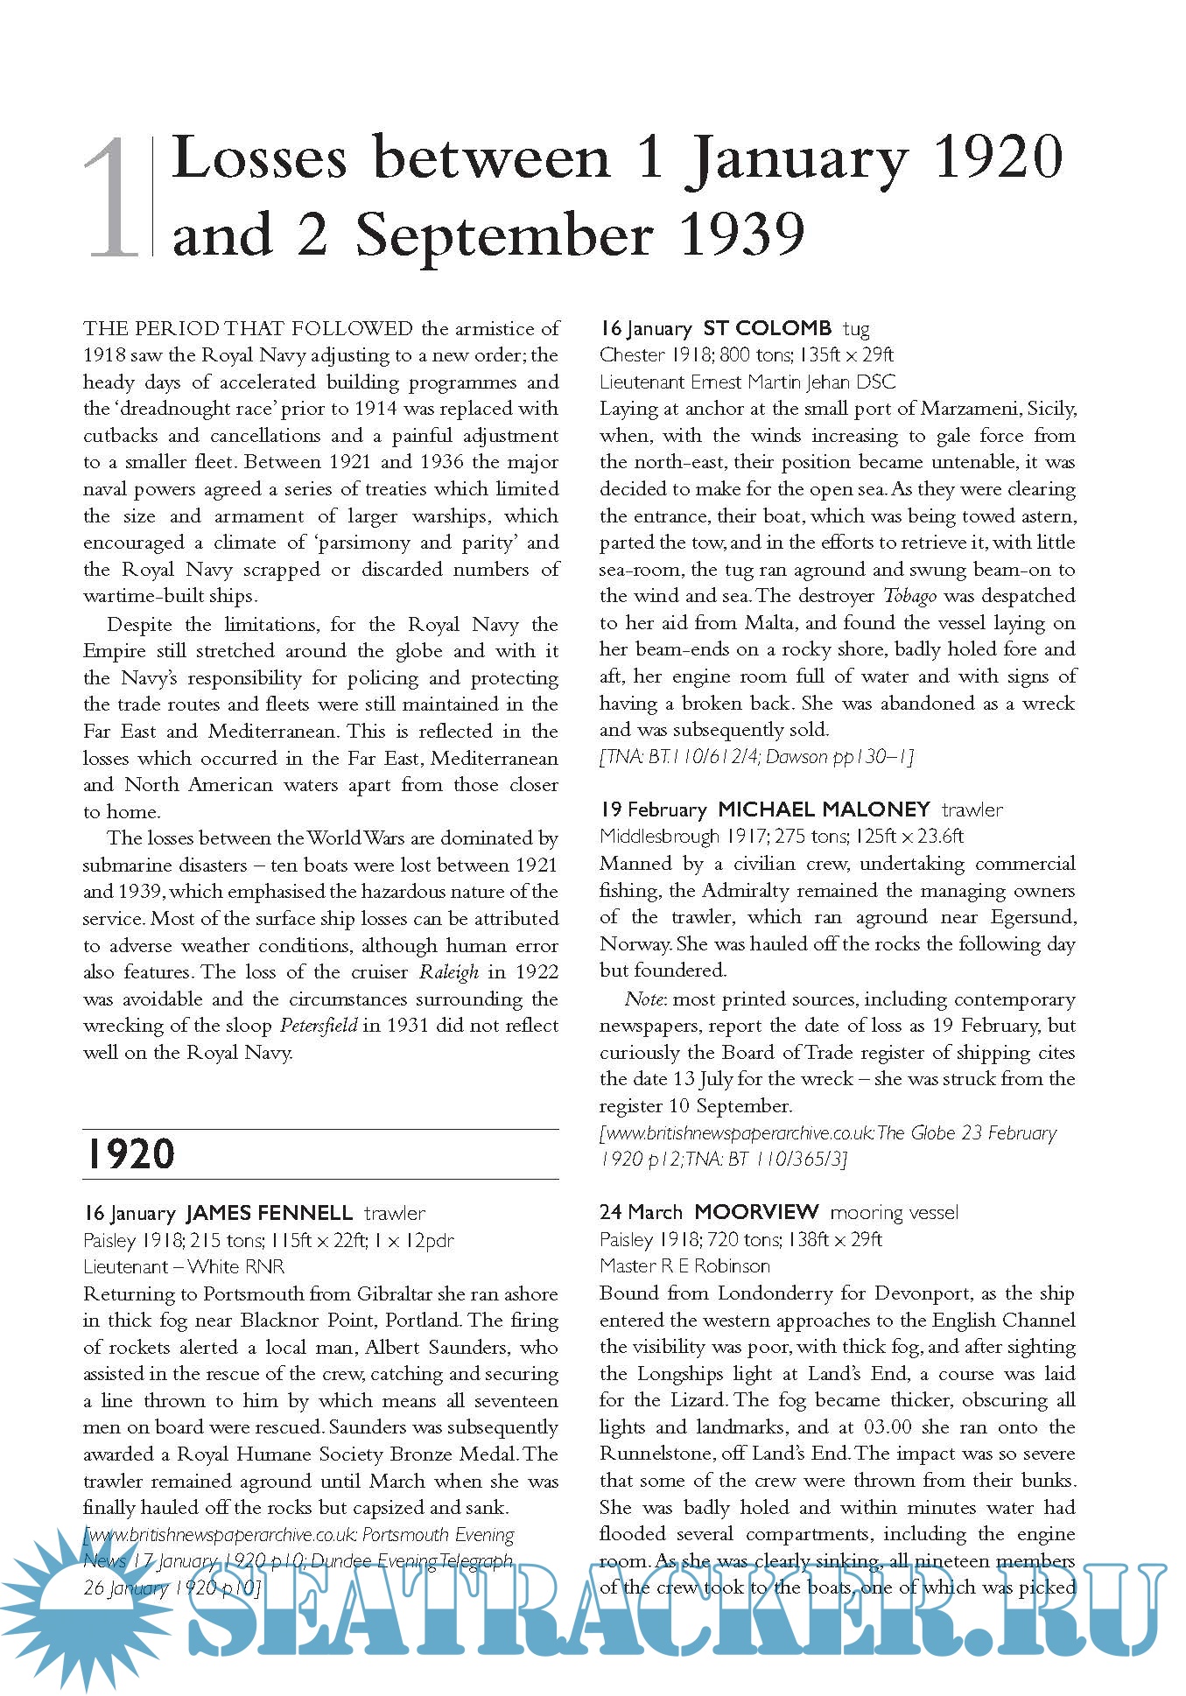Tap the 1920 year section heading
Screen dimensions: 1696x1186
[129, 1154]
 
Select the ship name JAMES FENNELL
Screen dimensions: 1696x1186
[269, 1214]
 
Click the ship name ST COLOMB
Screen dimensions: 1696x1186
[767, 329]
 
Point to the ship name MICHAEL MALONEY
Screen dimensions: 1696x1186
[824, 809]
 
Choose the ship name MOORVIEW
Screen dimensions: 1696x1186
[756, 1212]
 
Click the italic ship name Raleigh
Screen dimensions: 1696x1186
[449, 972]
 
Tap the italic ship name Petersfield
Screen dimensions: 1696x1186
[319, 1026]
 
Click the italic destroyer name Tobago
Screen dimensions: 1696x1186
[909, 596]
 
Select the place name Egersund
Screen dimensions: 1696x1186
[1033, 917]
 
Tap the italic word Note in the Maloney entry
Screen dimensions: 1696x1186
[643, 999]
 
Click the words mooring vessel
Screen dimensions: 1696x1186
[894, 1213]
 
